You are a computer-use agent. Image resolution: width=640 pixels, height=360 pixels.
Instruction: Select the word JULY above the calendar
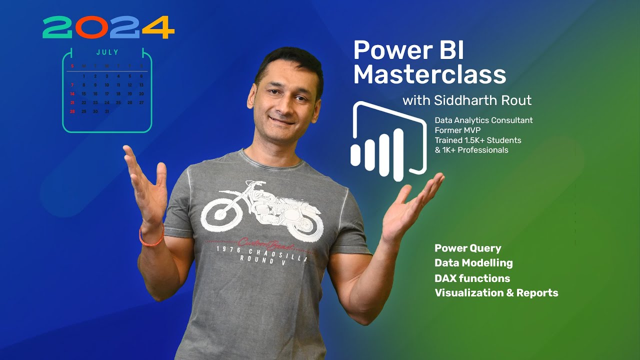click(x=107, y=52)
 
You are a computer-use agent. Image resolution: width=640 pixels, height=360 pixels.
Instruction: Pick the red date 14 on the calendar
click(x=72, y=93)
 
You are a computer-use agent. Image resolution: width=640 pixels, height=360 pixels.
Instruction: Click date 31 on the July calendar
click(x=106, y=111)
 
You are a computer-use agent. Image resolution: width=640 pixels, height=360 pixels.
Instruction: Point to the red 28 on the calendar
click(x=72, y=111)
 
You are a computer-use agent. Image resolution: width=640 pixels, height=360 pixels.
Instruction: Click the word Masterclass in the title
click(x=429, y=75)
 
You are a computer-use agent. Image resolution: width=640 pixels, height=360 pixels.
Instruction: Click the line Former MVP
click(x=457, y=130)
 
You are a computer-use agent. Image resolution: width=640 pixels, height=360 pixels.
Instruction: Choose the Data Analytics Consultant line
click(x=483, y=120)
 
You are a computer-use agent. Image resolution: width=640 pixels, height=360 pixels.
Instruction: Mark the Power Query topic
click(x=467, y=248)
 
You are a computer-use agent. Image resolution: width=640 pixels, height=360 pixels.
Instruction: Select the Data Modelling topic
click(x=473, y=262)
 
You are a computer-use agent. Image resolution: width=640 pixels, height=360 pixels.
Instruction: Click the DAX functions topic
click(x=472, y=278)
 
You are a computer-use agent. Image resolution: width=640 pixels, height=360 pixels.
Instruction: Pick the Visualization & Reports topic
click(x=496, y=292)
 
